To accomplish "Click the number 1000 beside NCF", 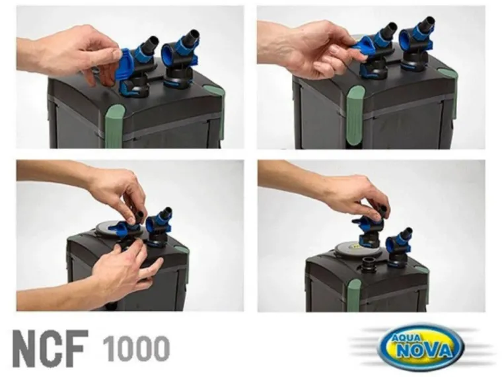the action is pyautogui.click(x=136, y=348).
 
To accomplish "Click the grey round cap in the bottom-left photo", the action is pyautogui.click(x=111, y=229).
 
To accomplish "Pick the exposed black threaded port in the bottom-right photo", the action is pyautogui.click(x=370, y=263).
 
